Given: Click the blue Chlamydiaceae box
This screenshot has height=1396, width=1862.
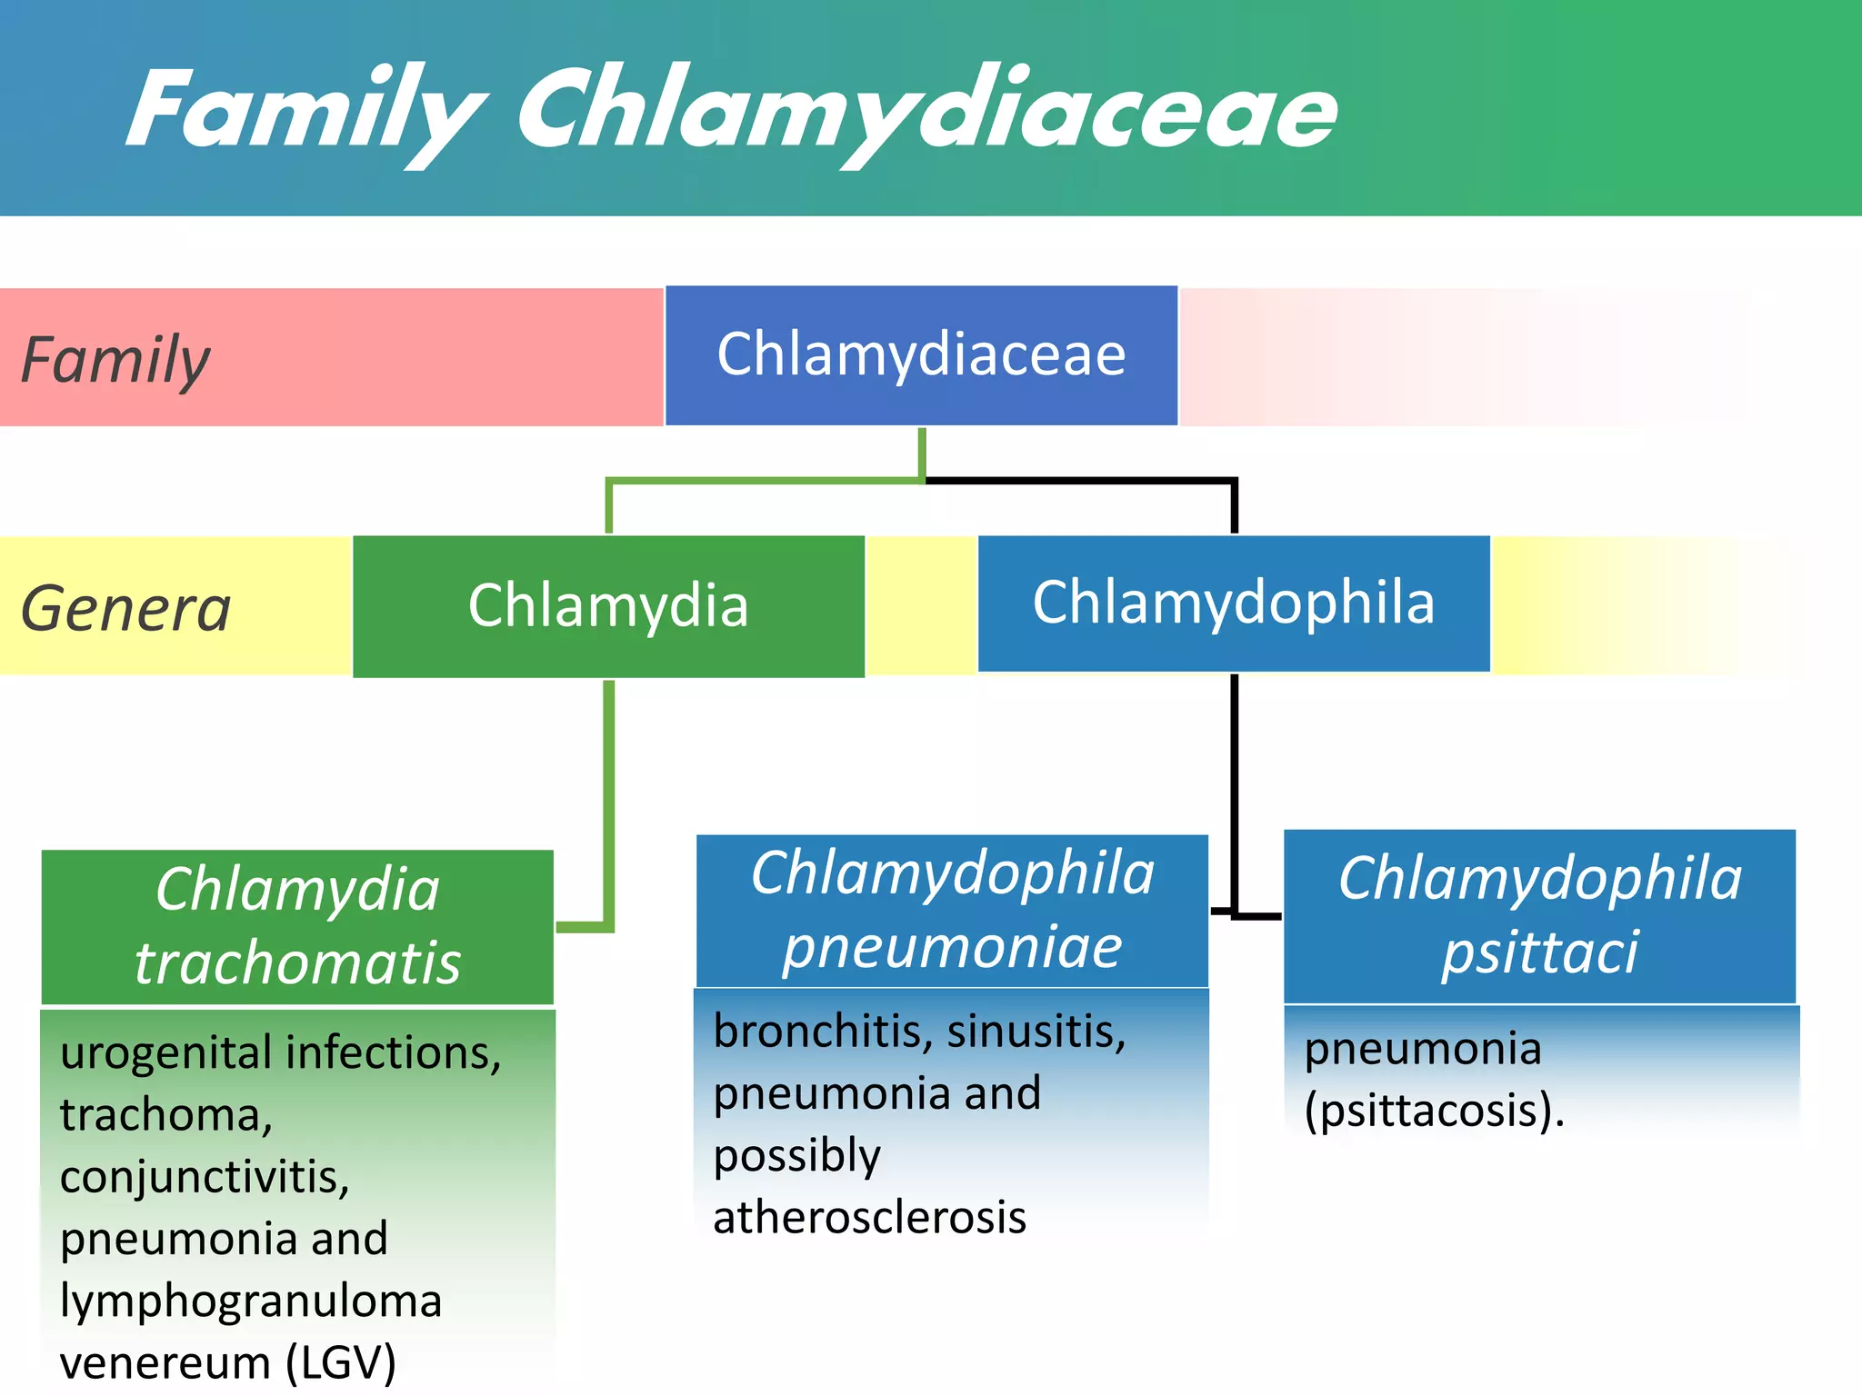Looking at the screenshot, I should pyautogui.click(x=921, y=355).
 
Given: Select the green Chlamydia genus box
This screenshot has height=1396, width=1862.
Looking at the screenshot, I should pyautogui.click(x=608, y=606).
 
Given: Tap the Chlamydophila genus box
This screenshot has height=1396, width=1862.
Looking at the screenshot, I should pyautogui.click(x=1234, y=603).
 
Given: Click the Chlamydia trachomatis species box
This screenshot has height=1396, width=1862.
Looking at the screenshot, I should pyautogui.click(x=297, y=926).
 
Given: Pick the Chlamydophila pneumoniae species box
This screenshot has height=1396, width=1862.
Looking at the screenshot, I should pyautogui.click(x=952, y=911).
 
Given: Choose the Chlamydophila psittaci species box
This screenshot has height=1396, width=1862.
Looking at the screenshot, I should pyautogui.click(x=1539, y=916).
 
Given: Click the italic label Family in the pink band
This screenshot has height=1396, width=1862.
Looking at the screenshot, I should pyautogui.click(x=115, y=360).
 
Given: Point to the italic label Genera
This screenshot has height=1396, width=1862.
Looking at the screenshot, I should pyautogui.click(x=125, y=608).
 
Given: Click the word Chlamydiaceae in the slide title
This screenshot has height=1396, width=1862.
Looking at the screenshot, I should pyautogui.click(x=927, y=111).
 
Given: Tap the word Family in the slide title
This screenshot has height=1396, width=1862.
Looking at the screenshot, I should pyautogui.click(x=305, y=111).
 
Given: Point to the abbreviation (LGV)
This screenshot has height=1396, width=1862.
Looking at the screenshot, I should pyautogui.click(x=341, y=1363).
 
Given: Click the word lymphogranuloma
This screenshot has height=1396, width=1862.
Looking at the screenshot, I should pyautogui.click(x=251, y=1301).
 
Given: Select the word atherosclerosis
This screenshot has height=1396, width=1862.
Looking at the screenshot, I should pyautogui.click(x=869, y=1218).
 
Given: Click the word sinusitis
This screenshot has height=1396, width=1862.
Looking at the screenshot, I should pyautogui.click(x=1036, y=1032).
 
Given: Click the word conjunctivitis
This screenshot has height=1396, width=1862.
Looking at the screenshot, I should pyautogui.click(x=205, y=1177).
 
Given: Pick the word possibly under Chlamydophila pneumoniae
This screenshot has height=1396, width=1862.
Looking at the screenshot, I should pyautogui.click(x=796, y=1156).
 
